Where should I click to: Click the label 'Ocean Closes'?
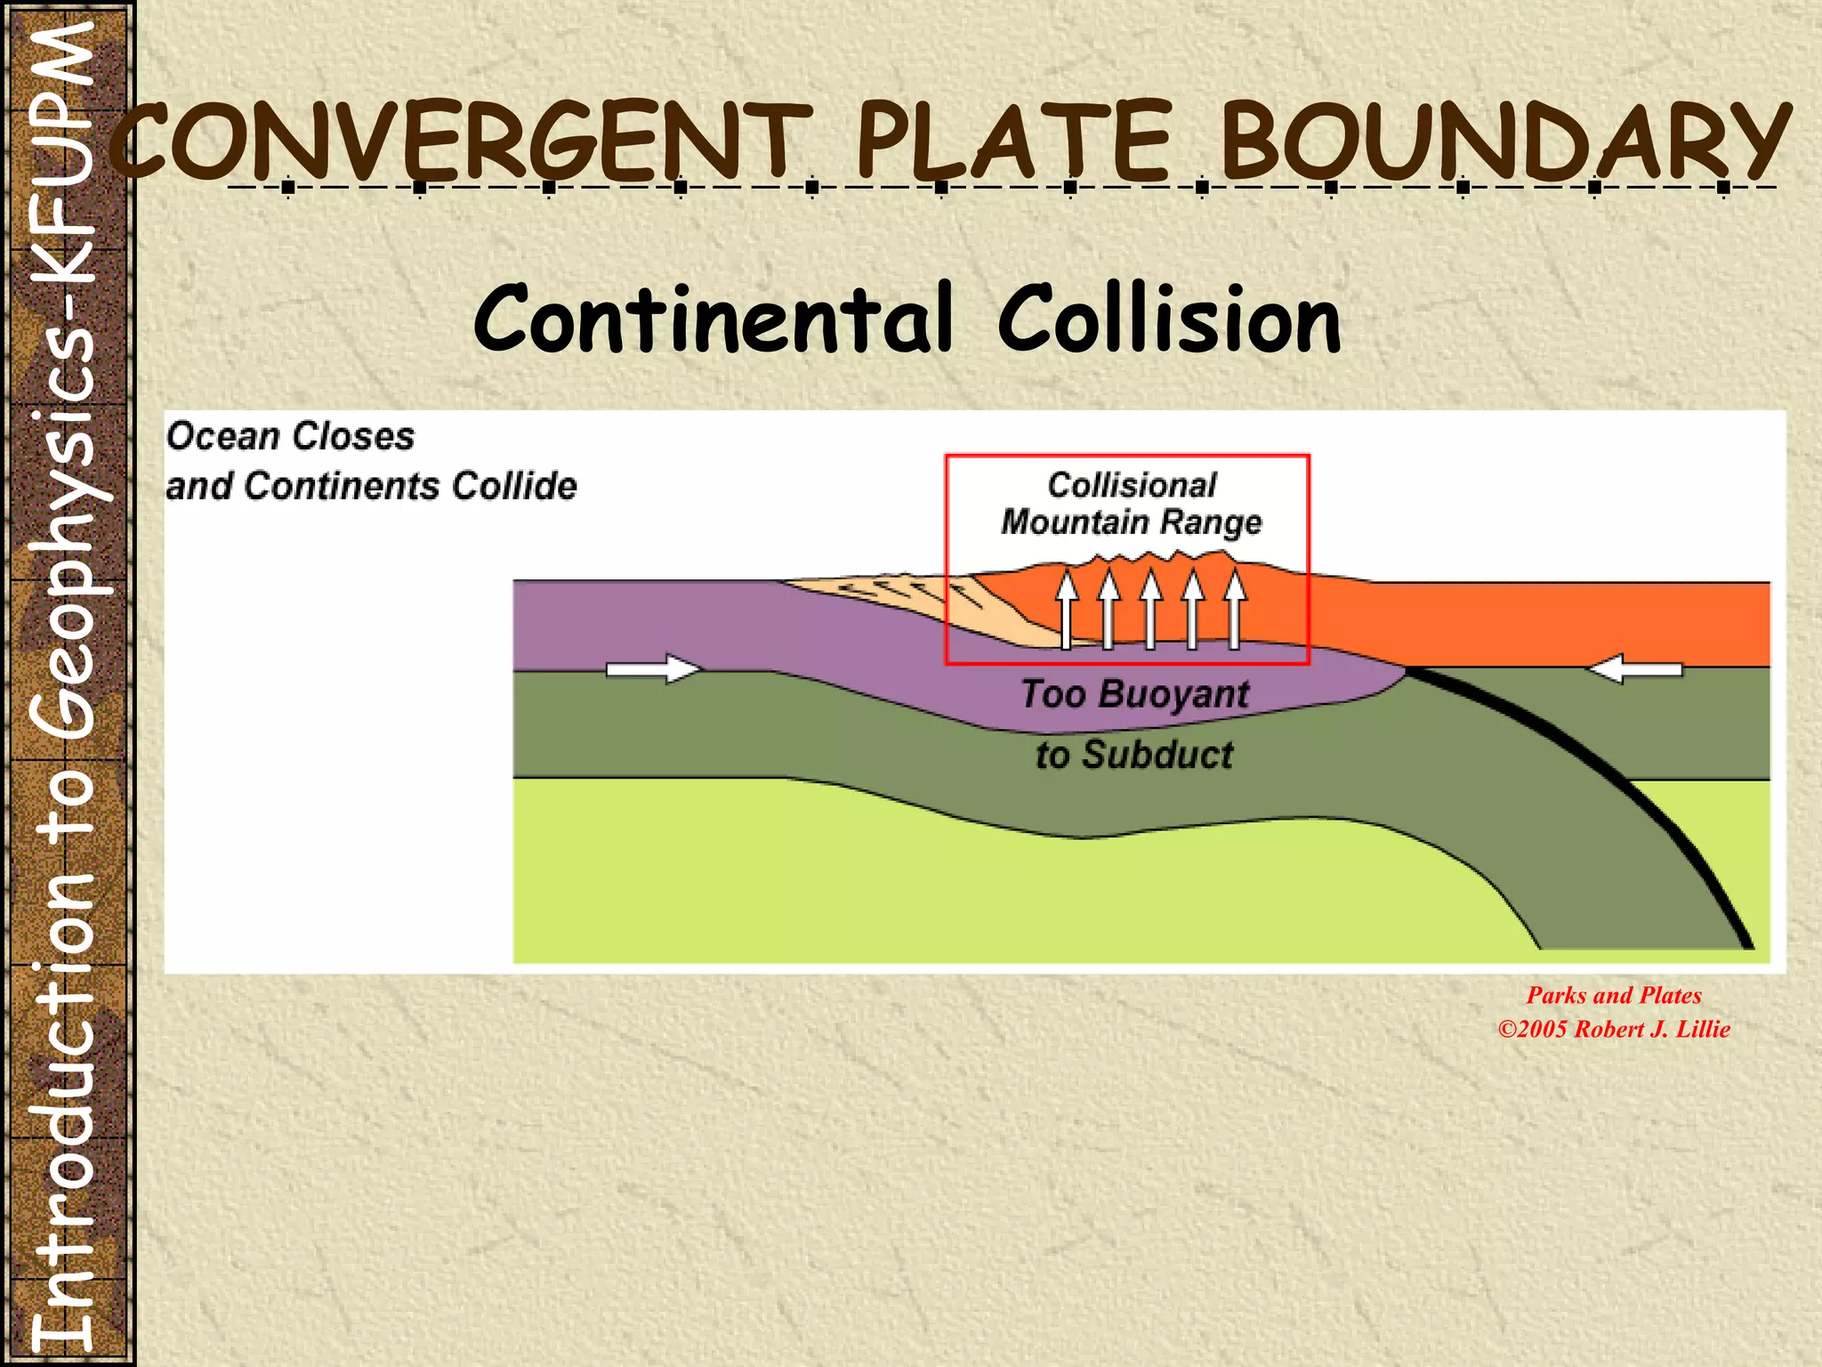click(290, 436)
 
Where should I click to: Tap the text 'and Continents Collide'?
click(371, 486)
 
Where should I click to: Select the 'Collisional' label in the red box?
click(1131, 485)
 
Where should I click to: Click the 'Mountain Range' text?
click(1131, 522)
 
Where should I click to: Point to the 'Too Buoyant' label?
click(1134, 693)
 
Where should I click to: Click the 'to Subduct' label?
click(1134, 755)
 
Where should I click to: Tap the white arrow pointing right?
click(652, 669)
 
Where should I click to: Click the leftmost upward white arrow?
click(1067, 610)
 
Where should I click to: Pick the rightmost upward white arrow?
click(1235, 610)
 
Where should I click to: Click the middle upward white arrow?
click(1151, 610)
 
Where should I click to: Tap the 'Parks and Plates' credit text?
click(1614, 995)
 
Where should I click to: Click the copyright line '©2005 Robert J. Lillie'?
click(1614, 1029)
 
